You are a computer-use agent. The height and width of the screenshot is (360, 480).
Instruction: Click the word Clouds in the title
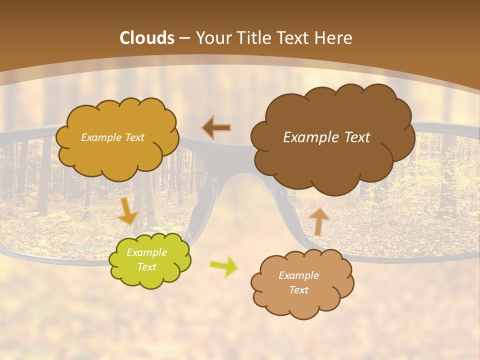click(x=147, y=38)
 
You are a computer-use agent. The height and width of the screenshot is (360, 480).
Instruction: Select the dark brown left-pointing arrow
click(x=216, y=128)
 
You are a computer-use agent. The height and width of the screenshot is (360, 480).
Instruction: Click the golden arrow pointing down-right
click(x=128, y=211)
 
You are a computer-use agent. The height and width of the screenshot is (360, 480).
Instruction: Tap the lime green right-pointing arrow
click(x=223, y=266)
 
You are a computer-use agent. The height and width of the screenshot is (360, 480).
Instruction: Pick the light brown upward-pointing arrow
click(x=318, y=221)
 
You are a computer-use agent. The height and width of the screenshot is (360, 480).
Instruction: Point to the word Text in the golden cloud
click(x=133, y=137)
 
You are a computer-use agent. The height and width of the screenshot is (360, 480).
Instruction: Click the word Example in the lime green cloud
click(x=146, y=252)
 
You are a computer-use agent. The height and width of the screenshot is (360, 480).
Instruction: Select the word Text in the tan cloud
click(x=298, y=290)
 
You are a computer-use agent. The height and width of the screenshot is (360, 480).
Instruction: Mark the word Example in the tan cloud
click(x=298, y=275)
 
